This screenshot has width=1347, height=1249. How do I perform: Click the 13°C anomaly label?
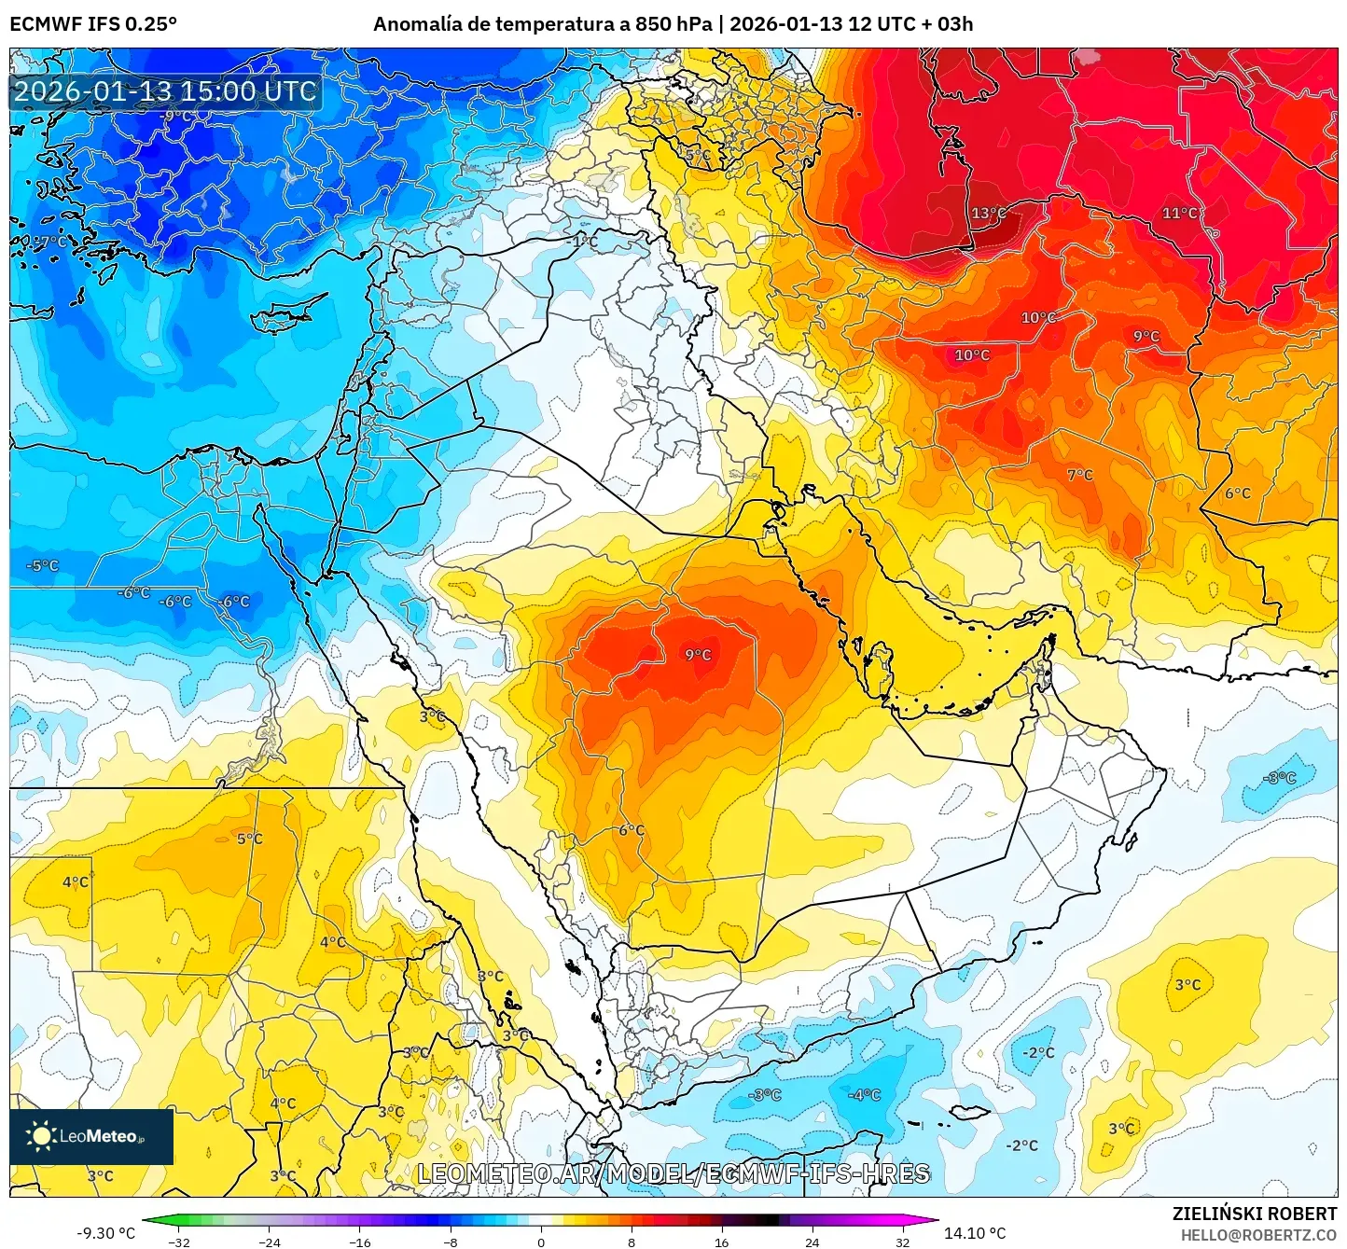click(x=989, y=214)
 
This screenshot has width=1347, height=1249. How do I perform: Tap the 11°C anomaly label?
click(x=1179, y=214)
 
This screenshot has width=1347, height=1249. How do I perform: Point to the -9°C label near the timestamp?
click(x=177, y=117)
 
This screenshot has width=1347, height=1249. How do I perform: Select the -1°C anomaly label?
click(x=582, y=242)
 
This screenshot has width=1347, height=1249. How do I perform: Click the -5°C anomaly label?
click(x=42, y=566)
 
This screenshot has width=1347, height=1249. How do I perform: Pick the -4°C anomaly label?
click(x=864, y=1095)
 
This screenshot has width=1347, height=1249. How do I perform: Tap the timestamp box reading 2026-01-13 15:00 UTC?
click(x=165, y=91)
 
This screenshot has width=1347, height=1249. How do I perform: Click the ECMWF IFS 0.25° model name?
click(x=93, y=24)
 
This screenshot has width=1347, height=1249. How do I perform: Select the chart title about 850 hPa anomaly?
click(x=673, y=24)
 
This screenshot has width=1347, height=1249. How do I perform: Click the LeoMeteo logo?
click(x=91, y=1136)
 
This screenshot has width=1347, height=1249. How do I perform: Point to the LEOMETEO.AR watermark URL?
click(x=673, y=1173)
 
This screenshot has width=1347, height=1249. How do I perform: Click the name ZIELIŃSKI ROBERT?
click(x=1255, y=1214)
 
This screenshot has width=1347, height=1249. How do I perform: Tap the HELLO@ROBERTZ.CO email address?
click(x=1258, y=1235)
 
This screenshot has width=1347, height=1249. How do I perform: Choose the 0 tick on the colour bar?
click(x=541, y=1242)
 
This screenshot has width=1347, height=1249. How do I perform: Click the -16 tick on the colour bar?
click(x=360, y=1242)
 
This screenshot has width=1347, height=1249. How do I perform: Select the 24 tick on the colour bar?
click(x=812, y=1242)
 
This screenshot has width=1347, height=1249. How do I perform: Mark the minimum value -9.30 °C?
click(x=105, y=1233)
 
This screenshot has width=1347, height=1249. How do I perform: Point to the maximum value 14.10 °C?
click(x=975, y=1233)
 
